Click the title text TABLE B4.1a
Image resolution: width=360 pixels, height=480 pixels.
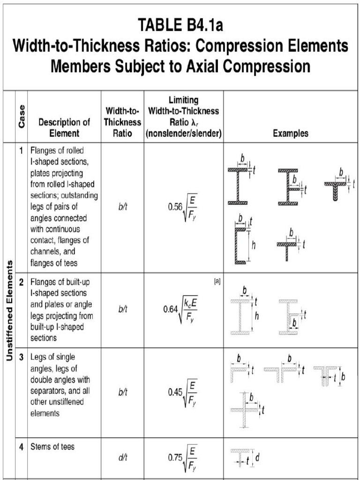tap(180, 24)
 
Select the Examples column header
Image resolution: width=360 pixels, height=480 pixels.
tap(291, 133)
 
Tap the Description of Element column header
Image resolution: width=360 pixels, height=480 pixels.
tap(64, 127)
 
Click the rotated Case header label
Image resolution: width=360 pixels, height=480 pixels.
tap(22, 117)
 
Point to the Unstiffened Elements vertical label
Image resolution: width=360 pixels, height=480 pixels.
tap(9, 311)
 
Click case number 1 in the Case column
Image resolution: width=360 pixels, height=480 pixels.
tap(21, 151)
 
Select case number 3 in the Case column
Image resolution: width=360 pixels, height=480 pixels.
tap(21, 357)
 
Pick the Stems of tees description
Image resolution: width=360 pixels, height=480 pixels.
tap(52, 447)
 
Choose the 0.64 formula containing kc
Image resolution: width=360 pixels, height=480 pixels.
tap(181, 309)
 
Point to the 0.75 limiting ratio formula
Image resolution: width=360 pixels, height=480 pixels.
tap(183, 457)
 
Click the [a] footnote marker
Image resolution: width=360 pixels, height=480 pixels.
tap(217, 281)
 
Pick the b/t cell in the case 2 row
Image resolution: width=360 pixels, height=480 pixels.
tap(123, 309)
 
